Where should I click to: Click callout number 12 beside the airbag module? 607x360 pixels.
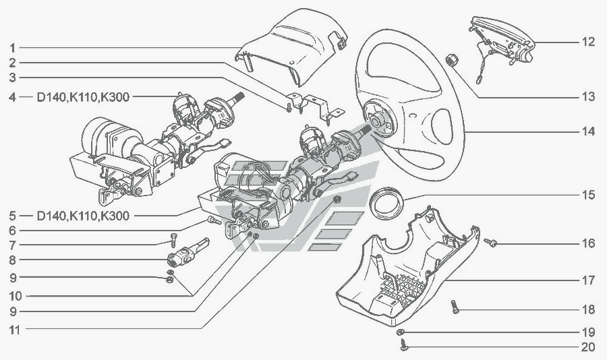pos(587,42)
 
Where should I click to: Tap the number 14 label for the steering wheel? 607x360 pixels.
pos(587,131)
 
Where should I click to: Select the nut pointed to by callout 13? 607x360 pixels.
pos(452,61)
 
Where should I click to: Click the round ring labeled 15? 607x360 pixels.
pos(386,202)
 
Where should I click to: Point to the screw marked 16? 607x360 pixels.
pos(490,242)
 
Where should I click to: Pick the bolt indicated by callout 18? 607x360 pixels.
pos(455,307)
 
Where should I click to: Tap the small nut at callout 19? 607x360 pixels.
pos(401,332)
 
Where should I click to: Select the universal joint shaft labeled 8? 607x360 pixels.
pos(188,252)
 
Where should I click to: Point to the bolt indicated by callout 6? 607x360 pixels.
pos(214,220)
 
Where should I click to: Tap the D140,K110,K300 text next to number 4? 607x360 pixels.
pos(83,97)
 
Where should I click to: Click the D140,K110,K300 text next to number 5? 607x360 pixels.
pos(83,216)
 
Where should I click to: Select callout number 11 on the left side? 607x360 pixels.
pos(15,330)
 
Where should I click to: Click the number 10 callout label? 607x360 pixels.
pos(16,297)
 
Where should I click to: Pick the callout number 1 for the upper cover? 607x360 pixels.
pos(13,48)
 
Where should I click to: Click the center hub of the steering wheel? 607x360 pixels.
pos(376,121)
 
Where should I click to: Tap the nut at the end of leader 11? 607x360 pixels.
pos(338,200)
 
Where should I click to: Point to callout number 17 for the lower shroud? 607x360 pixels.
pos(588,280)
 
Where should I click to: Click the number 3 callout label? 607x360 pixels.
pos(13,78)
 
